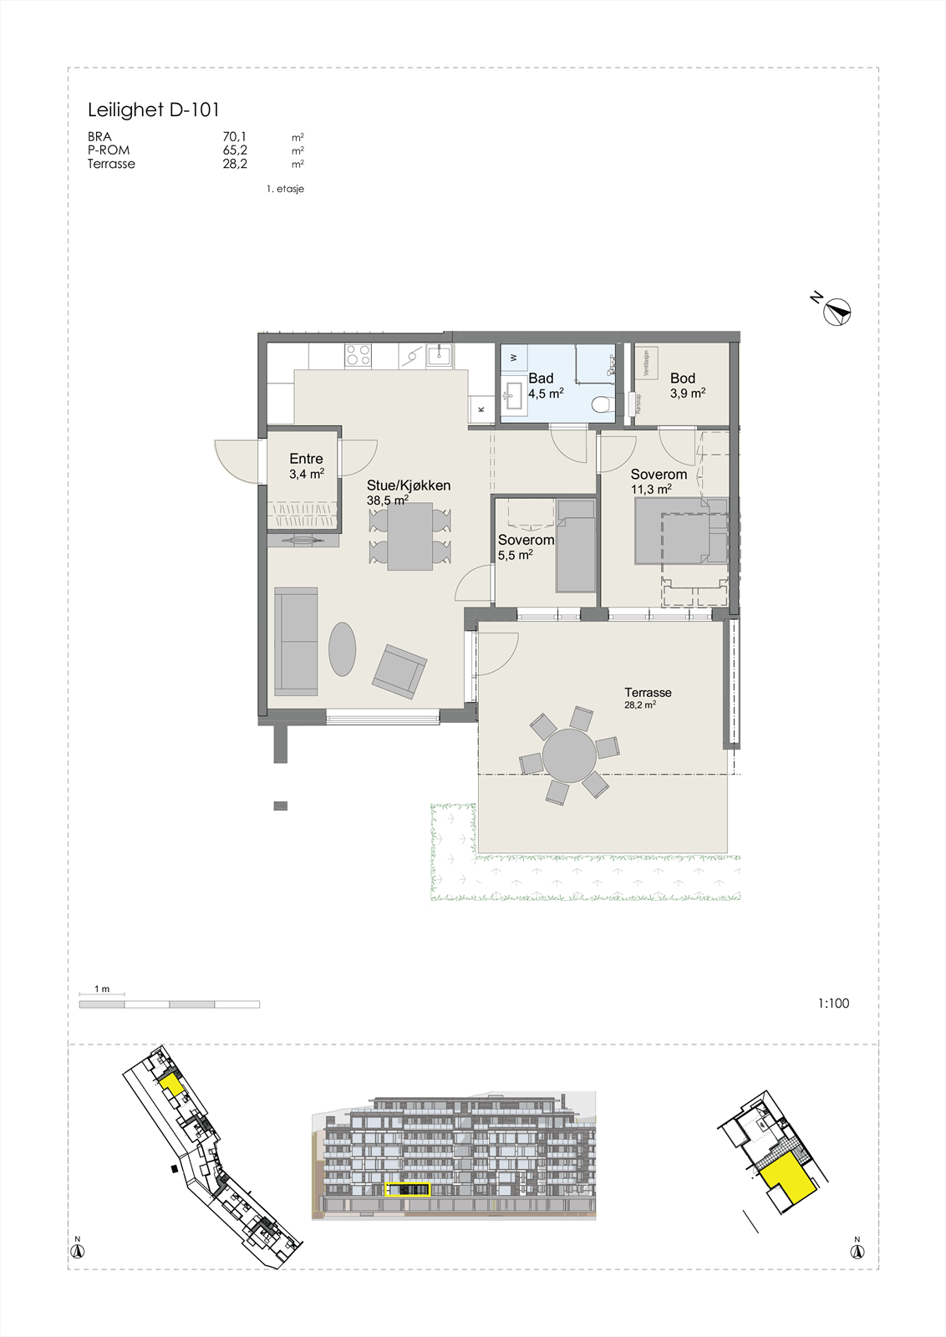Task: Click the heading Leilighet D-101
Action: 154,109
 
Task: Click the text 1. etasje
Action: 285,189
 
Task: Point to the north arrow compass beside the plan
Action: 837,312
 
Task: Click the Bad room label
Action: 541,379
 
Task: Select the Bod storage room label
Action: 682,379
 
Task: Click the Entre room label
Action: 306,459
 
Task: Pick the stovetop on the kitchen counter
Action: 359,356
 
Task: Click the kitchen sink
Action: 440,357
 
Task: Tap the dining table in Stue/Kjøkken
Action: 409,536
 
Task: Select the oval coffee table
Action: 342,648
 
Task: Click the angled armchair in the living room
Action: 399,671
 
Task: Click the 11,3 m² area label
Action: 651,490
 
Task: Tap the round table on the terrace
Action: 569,755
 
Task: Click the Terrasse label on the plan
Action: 648,692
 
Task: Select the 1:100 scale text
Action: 833,1004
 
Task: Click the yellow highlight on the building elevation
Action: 408,1190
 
